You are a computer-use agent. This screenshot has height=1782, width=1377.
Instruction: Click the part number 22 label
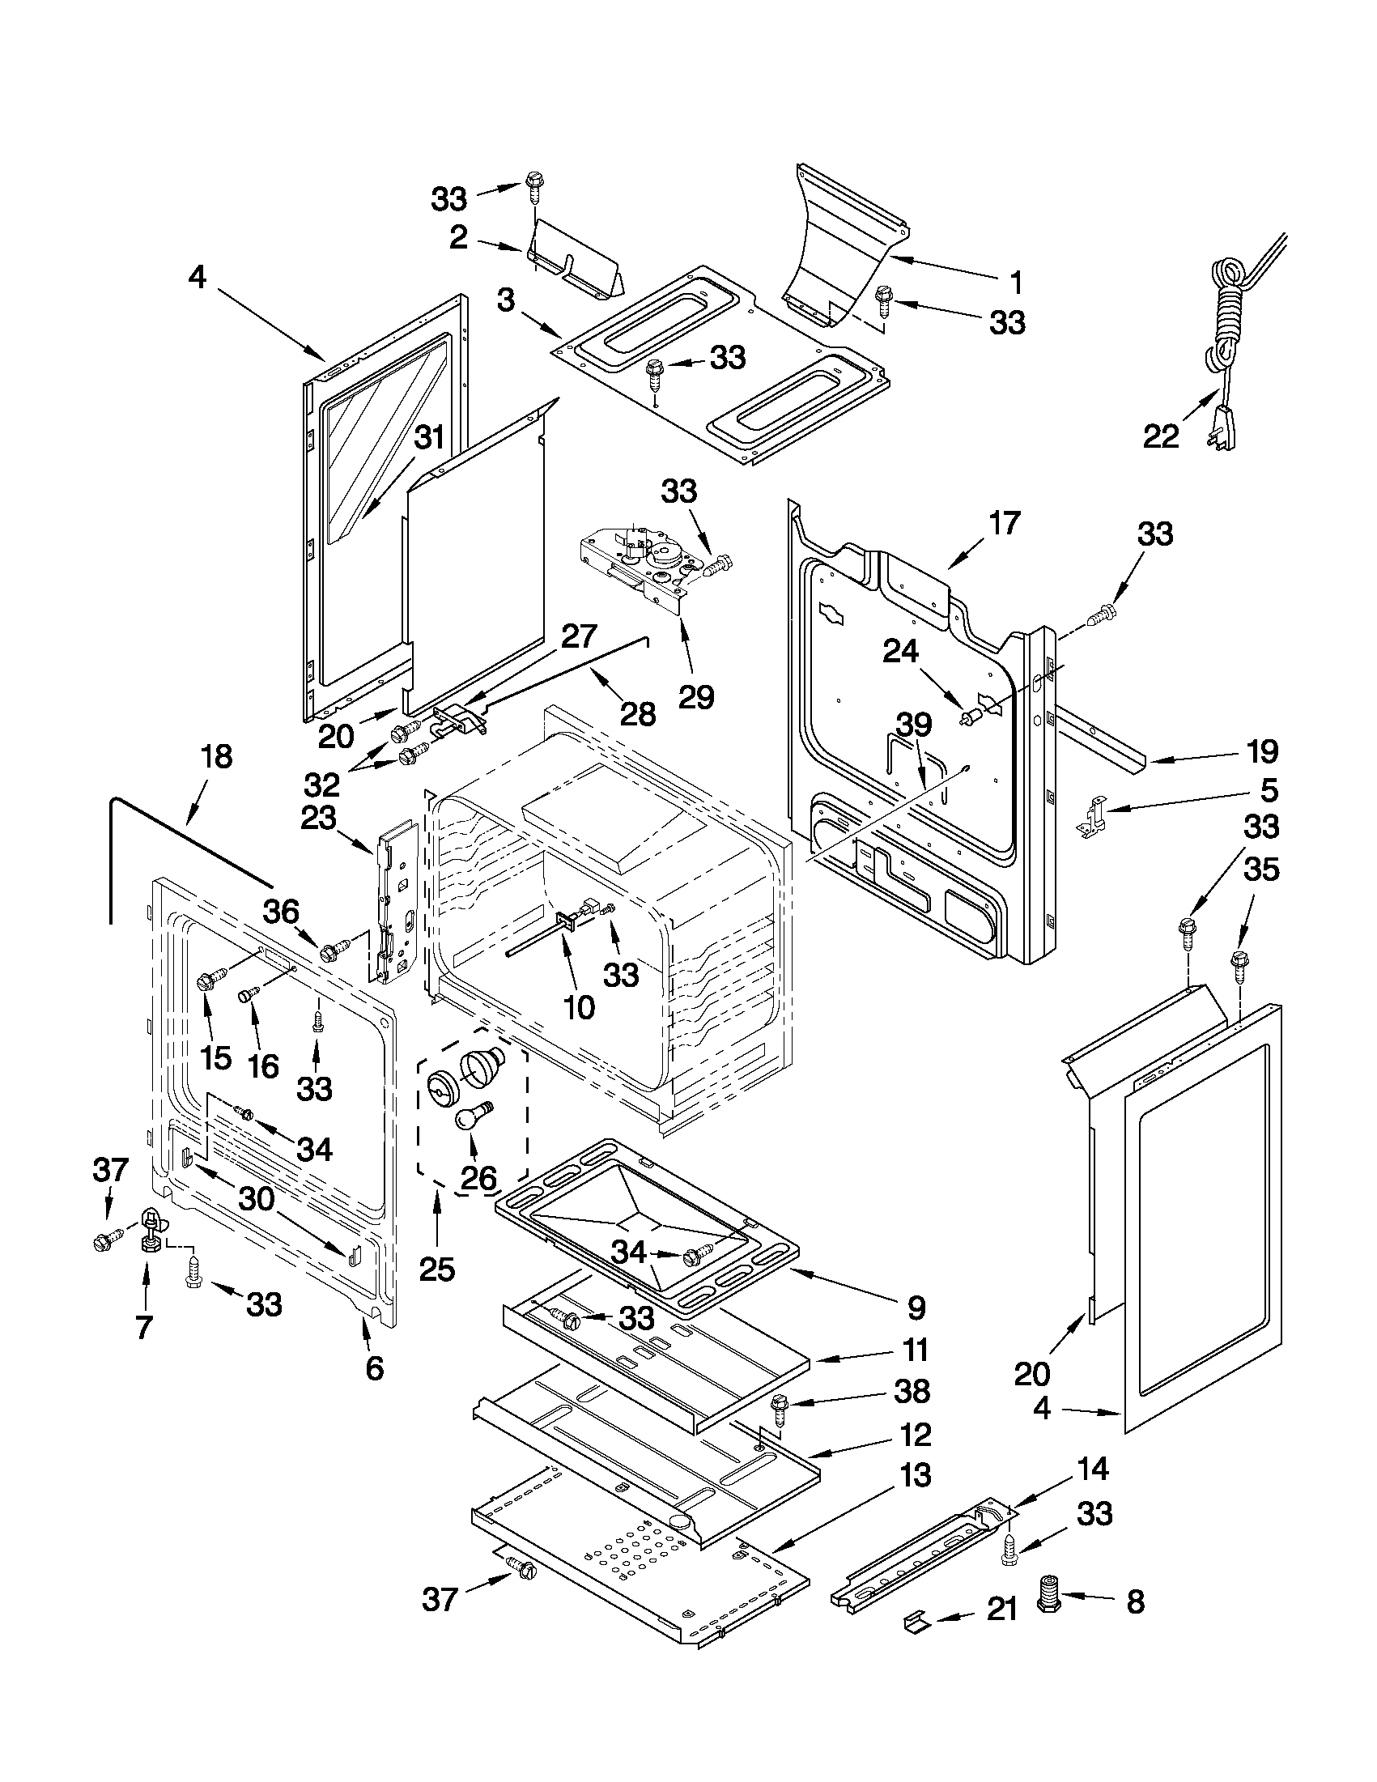(x=1160, y=436)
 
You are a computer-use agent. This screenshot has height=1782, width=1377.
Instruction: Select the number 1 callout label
(x=1016, y=283)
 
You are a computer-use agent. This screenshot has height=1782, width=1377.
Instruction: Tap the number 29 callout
(x=697, y=696)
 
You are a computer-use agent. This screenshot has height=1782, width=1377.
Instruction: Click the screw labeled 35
(x=1239, y=961)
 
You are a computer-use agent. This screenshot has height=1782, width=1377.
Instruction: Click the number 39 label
(x=914, y=724)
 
